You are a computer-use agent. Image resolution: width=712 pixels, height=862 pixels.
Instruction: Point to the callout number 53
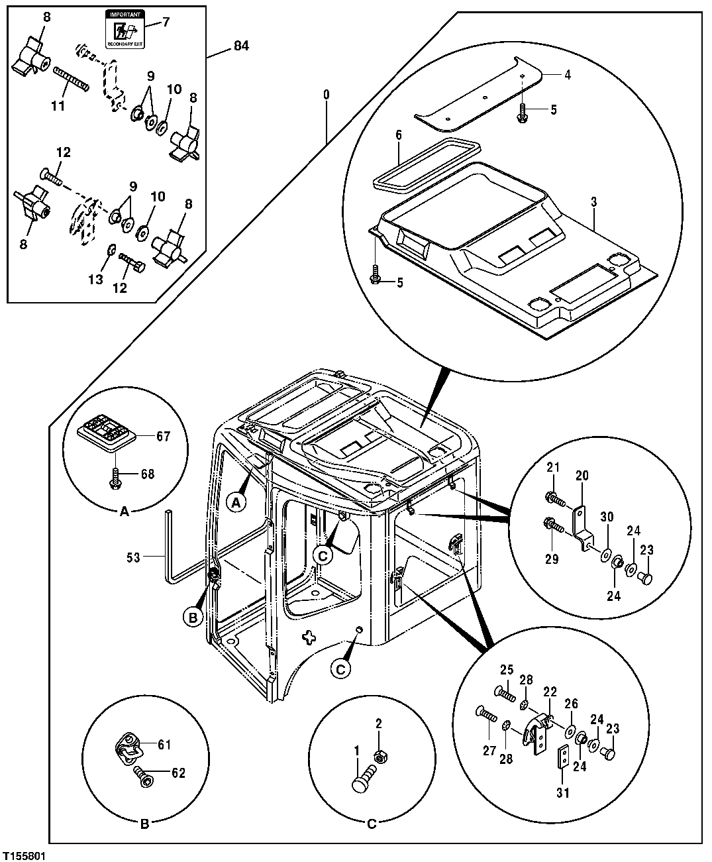(x=133, y=557)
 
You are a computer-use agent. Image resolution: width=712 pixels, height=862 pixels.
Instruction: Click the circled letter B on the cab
(x=192, y=617)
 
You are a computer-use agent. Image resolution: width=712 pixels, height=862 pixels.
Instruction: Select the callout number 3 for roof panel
(x=593, y=200)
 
